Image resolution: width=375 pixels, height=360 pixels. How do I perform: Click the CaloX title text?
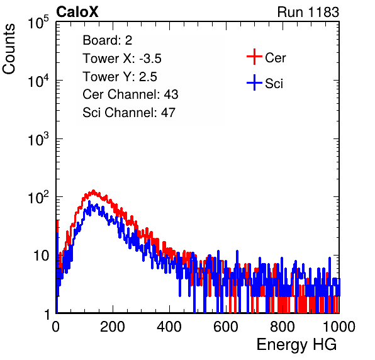pos(77,12)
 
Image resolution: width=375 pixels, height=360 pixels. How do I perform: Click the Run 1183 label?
pos(308,12)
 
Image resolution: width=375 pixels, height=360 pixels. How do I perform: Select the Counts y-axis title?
pos(9,49)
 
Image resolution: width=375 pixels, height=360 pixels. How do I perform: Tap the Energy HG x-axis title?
pos(296,345)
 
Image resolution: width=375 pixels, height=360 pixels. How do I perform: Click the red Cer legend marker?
pos(254,57)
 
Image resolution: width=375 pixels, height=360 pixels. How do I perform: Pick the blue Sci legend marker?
pos(254,82)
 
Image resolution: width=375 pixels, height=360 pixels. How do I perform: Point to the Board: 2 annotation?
pos(108,40)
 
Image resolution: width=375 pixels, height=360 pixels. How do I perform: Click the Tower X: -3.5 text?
pos(122,59)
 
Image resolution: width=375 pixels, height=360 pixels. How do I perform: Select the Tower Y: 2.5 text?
pos(120,77)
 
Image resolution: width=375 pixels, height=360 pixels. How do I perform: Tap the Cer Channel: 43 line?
pos(130,94)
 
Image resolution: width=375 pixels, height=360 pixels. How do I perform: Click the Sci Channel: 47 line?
pos(129,113)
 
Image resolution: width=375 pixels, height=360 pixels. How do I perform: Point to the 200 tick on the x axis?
pos(113,327)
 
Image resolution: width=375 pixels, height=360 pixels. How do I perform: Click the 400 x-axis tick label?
pos(169,327)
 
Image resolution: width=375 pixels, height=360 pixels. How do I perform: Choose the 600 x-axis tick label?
pos(226,327)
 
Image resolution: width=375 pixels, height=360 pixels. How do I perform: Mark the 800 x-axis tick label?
pos(283,327)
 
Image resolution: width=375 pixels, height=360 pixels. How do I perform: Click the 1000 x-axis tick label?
pos(339,327)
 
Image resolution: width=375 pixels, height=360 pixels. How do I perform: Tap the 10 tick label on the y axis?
pos(42,256)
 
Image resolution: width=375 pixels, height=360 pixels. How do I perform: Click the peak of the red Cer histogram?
pos(93,191)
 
